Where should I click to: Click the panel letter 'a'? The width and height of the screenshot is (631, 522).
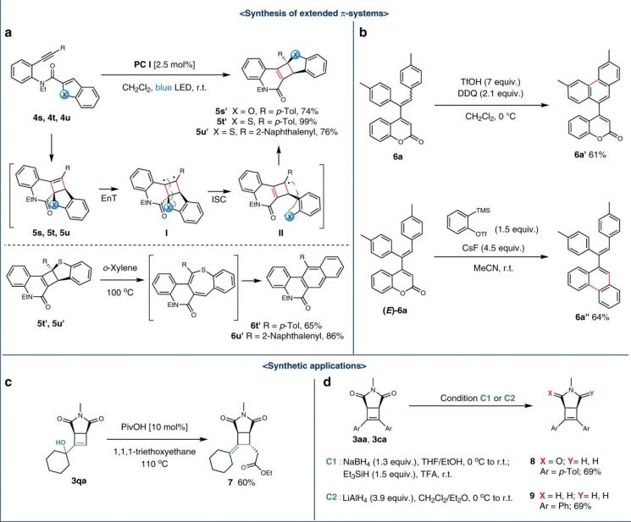click(8, 33)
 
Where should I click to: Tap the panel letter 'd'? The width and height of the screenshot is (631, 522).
click(327, 382)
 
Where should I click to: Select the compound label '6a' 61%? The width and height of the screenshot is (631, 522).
click(590, 155)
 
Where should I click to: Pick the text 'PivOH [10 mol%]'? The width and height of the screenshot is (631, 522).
click(154, 426)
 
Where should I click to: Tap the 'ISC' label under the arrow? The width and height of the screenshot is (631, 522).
click(219, 200)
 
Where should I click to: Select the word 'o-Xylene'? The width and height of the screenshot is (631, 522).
click(119, 268)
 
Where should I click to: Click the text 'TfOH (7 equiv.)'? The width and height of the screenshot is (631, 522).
click(490, 82)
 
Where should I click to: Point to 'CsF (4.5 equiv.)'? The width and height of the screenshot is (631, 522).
click(493, 248)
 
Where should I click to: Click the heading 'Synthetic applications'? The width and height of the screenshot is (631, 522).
click(314, 366)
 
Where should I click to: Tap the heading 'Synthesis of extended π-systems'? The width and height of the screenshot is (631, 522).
click(314, 14)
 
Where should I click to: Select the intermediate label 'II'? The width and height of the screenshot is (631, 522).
click(281, 233)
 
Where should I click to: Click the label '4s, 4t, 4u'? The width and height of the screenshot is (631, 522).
click(53, 118)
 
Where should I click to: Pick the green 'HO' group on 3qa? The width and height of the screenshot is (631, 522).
click(61, 442)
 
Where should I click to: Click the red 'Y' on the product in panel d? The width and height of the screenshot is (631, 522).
click(591, 394)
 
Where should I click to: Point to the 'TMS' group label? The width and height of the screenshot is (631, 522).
click(483, 210)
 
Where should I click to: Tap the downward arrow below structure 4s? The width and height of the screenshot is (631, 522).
click(53, 146)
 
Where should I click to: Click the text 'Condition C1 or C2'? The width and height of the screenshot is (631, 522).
click(478, 398)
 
